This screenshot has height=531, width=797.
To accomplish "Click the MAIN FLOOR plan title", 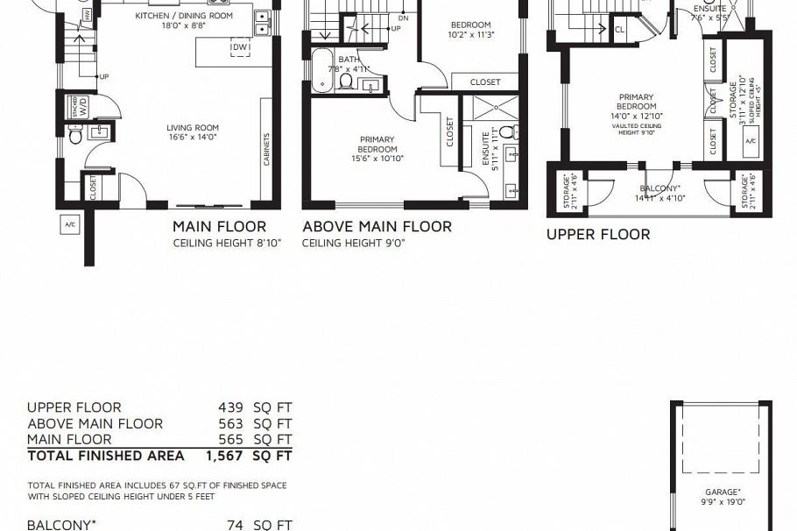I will tap(219, 227).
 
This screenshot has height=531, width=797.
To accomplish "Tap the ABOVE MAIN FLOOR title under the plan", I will tap(377, 227).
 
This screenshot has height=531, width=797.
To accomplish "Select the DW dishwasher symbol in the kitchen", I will tap(240, 47).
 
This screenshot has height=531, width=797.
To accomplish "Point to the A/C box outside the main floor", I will tap(70, 225).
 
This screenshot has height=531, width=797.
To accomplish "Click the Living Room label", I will tap(193, 132).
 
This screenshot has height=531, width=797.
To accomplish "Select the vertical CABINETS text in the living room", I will tap(266, 149).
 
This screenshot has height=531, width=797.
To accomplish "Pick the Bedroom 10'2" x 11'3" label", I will tap(471, 30).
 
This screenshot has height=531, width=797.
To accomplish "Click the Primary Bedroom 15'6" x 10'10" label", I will tap(376, 149).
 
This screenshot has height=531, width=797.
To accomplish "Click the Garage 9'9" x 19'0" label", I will tap(723, 497).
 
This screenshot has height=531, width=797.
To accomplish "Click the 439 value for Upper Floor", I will tap(230, 407).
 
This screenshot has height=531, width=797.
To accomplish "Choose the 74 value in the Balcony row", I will tap(235, 525).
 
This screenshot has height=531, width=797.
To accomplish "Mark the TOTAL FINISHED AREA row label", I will tap(106, 456).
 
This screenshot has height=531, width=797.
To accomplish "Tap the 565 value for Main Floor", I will tap(230, 439).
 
